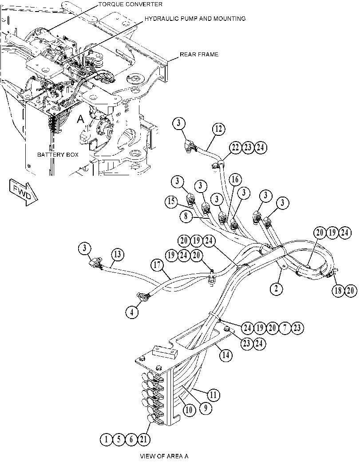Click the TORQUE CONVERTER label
point(130,4)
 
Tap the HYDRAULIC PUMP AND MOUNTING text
point(195,19)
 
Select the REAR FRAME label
point(199,55)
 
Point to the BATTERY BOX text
point(58,155)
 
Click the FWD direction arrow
point(24,192)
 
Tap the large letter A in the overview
point(80,119)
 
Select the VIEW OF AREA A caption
point(164,456)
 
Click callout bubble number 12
point(219,129)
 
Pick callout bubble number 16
point(235,179)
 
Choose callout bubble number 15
point(171,201)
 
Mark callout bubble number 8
point(186,216)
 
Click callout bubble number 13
point(118,255)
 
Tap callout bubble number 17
point(158,265)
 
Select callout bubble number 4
point(132,312)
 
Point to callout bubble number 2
point(276,288)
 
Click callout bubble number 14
point(226,355)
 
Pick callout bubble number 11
point(213,395)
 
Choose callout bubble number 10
point(189,410)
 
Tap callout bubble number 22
point(236,148)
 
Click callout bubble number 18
point(338,291)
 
